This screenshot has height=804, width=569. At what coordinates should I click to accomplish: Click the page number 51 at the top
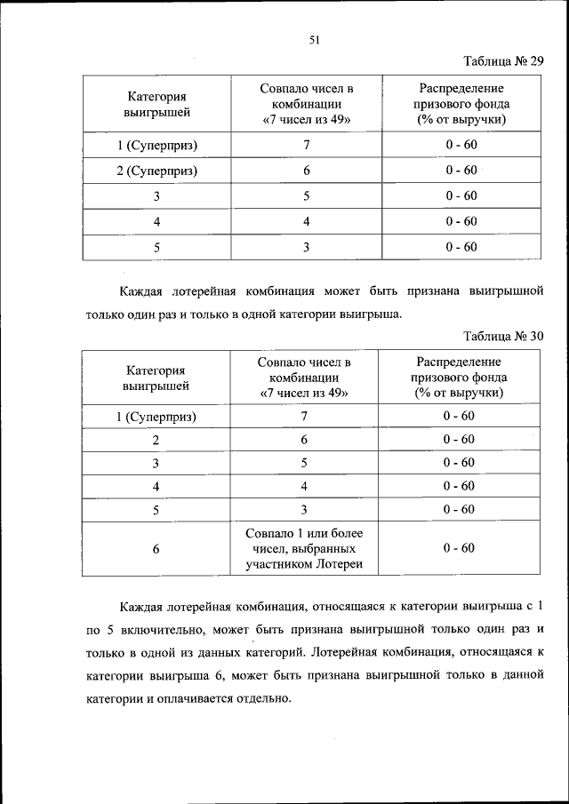(x=314, y=39)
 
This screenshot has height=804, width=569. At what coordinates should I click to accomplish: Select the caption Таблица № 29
(x=502, y=61)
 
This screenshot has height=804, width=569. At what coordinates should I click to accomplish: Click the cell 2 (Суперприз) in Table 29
(x=156, y=171)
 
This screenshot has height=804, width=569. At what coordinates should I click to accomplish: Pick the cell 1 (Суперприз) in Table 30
(x=156, y=416)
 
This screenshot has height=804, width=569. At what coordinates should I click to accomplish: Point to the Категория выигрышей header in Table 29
(x=156, y=104)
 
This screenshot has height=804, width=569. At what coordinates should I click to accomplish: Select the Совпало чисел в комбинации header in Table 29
(x=306, y=104)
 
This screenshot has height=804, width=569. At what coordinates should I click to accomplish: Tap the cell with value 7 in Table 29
(x=306, y=145)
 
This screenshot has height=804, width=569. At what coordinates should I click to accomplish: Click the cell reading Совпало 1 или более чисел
(x=304, y=548)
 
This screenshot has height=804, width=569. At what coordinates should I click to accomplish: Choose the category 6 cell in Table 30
(x=156, y=549)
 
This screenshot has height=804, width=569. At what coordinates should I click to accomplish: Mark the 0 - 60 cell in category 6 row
(x=460, y=548)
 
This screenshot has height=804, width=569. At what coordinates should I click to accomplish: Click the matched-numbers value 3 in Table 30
(x=304, y=509)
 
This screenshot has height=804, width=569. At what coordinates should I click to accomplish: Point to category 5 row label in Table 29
(x=156, y=247)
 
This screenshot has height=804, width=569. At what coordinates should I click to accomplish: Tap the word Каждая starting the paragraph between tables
(x=143, y=291)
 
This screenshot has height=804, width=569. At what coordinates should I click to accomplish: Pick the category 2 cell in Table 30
(x=156, y=440)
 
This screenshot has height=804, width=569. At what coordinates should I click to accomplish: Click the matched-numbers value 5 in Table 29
(x=306, y=196)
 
